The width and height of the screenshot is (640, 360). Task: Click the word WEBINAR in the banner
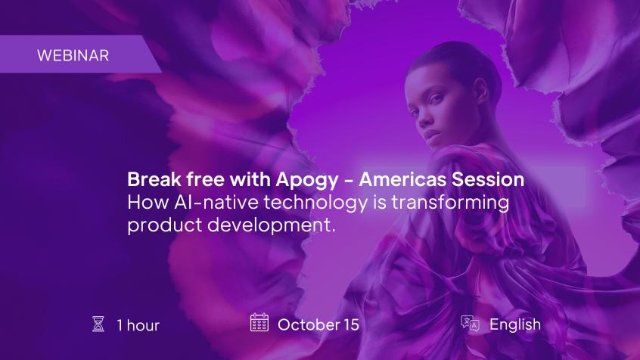[73, 55]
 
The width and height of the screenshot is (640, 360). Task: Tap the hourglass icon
[98, 324]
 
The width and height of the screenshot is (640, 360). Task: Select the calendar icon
[259, 322]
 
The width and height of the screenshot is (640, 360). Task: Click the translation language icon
[471, 324]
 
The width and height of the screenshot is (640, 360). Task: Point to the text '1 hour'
[138, 325]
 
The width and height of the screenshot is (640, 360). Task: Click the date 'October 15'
[318, 325]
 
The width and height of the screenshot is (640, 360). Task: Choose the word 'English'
[515, 325]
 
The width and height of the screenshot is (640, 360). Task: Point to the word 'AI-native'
[216, 203]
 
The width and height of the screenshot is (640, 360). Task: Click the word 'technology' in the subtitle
[315, 203]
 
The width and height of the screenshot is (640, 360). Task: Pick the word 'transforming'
[450, 203]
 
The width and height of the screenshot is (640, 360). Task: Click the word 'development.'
[272, 225]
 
